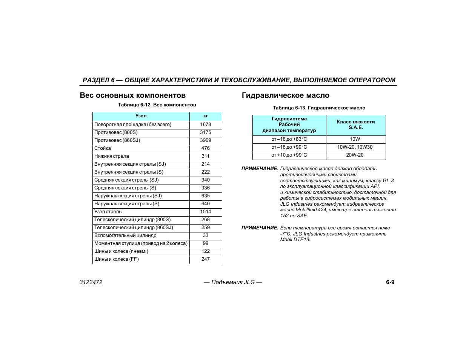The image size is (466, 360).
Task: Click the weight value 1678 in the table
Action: pyautogui.click(x=205, y=125)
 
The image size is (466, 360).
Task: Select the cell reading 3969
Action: pyautogui.click(x=205, y=140)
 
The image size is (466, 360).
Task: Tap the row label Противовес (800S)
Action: pyautogui.click(x=116, y=132)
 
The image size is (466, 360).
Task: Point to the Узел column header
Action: pyautogui.click(x=141, y=116)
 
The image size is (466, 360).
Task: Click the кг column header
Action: pyautogui.click(x=205, y=116)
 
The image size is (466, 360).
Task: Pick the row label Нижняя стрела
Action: pyautogui.click(x=111, y=156)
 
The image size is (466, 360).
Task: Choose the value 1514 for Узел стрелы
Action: pyautogui.click(x=205, y=212)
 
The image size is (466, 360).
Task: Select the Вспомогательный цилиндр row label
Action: pyautogui.click(x=125, y=235)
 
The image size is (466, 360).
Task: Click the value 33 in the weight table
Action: pyautogui.click(x=205, y=235)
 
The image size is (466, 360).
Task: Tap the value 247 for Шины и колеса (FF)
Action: pyautogui.click(x=205, y=259)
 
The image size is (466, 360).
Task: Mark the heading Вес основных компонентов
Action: pyautogui.click(x=132, y=95)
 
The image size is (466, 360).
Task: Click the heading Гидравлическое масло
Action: pyautogui.click(x=285, y=95)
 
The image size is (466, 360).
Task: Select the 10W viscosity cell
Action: pyautogui.click(x=355, y=139)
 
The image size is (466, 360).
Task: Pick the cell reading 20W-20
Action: pyautogui.click(x=355, y=155)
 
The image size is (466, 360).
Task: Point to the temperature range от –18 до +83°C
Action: pyautogui.click(x=289, y=139)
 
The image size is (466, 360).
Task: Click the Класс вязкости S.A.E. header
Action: pyautogui.click(x=355, y=125)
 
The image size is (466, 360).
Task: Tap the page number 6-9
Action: pyautogui.click(x=390, y=282)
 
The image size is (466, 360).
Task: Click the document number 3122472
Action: pyautogui.click(x=91, y=282)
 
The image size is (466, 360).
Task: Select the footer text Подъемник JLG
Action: pyautogui.click(x=233, y=282)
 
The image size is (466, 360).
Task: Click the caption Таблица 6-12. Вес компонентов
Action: pyautogui.click(x=157, y=105)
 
